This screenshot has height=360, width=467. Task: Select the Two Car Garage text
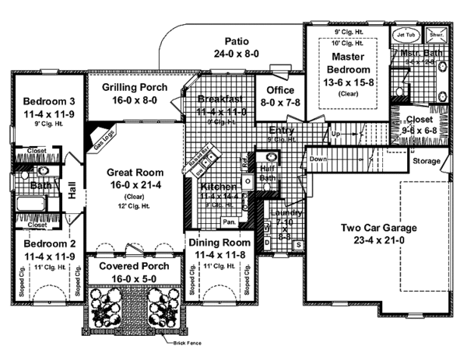[379, 228]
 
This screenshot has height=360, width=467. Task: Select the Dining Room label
[217, 243]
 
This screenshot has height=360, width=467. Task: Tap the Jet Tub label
[406, 35]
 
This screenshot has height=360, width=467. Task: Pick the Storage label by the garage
[426, 162]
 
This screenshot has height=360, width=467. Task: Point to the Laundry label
[284, 213]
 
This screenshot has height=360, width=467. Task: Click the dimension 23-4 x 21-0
[379, 240]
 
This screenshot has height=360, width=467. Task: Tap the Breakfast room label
[221, 100]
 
